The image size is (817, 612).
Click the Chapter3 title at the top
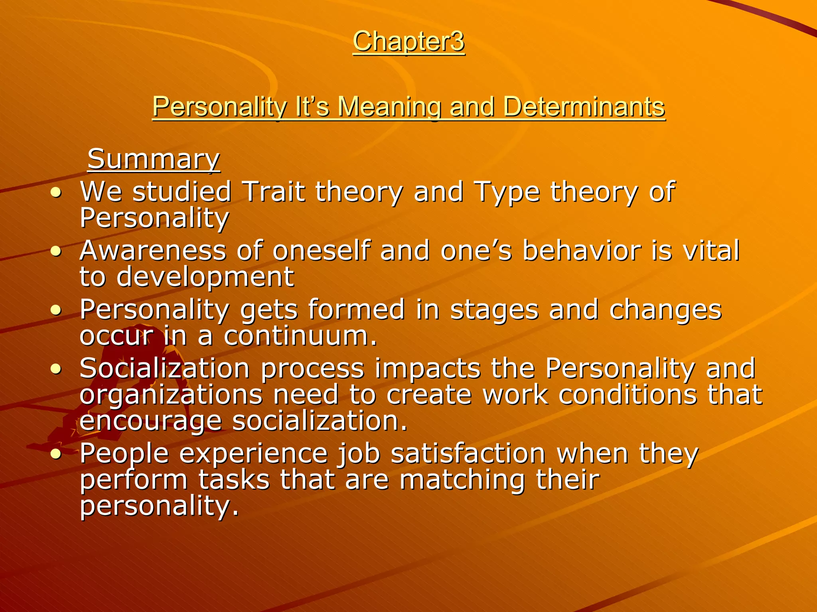point(408,41)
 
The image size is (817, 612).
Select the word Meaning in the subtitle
point(389,107)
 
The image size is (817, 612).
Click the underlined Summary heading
point(154,159)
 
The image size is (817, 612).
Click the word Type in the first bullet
point(506,192)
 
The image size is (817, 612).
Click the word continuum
point(300,336)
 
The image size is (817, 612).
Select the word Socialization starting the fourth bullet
point(165,368)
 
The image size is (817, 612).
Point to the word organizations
point(171,395)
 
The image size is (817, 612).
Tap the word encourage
point(150,421)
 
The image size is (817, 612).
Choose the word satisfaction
point(468,453)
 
